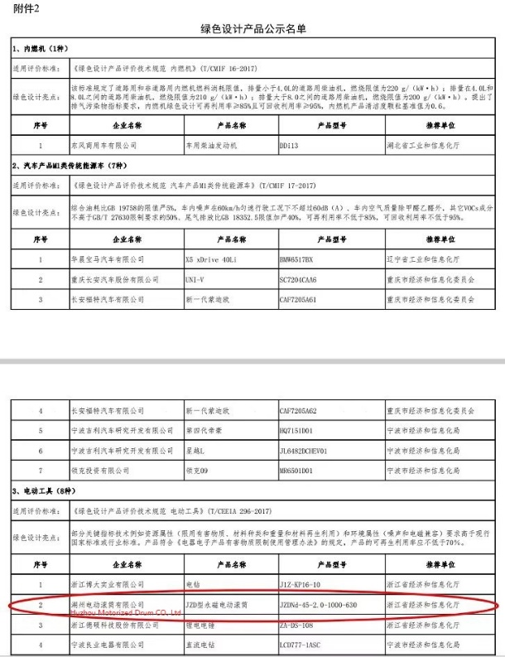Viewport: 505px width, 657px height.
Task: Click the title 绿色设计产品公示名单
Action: click(252, 29)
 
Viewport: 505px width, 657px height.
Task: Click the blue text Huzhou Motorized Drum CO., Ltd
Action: click(115, 612)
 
